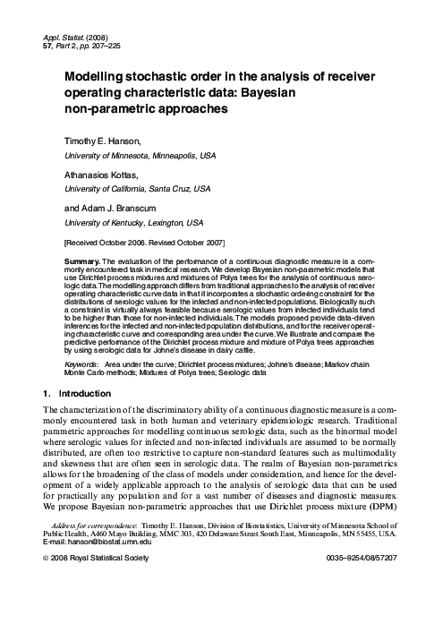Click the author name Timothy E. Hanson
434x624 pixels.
(x=103, y=141)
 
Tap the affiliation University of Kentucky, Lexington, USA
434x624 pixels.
(x=133, y=222)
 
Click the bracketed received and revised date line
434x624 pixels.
(x=144, y=243)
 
